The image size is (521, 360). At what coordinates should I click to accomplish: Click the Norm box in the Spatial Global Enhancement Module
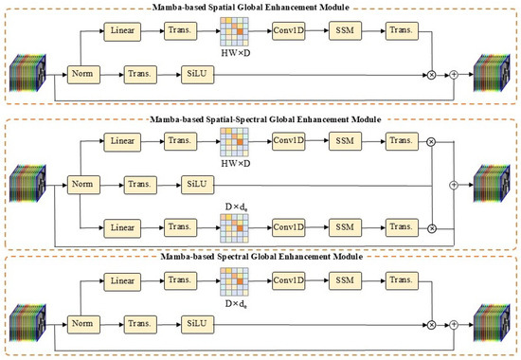coord(83,75)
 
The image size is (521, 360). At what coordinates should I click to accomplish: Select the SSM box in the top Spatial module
coord(345,31)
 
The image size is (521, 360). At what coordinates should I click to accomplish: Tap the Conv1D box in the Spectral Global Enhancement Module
coord(288,280)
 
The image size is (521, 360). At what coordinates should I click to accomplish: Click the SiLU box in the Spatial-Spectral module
coord(198,185)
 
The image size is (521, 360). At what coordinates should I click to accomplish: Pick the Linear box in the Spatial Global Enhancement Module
coord(122,31)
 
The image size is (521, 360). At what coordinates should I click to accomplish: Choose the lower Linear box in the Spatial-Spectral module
coord(122,228)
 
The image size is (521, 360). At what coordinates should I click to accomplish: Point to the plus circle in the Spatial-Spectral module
coord(454,185)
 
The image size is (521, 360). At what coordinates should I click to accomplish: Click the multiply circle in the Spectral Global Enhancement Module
coord(431,325)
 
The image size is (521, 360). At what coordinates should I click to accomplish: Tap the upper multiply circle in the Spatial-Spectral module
coord(431,142)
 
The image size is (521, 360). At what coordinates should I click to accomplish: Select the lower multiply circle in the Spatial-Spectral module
coord(431,228)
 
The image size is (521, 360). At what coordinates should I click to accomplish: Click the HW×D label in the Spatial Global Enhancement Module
coord(236,53)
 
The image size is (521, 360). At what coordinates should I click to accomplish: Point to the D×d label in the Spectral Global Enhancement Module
coord(236,304)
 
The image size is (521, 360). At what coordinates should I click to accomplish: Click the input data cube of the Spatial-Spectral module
coord(27,183)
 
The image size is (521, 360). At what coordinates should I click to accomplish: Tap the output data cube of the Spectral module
coord(492,323)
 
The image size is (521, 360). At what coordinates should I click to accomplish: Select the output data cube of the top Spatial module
coord(492,73)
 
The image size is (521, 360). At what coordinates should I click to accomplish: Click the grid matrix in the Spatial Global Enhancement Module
coord(234,31)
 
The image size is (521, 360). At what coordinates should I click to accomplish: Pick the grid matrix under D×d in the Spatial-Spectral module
coord(234,228)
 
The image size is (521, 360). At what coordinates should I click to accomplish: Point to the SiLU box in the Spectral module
coord(198,324)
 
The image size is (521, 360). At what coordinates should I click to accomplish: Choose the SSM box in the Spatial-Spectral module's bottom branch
coord(345,227)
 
